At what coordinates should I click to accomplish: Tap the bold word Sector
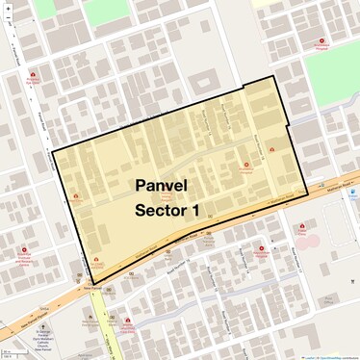coord(160,209)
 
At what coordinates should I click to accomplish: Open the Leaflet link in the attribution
coord(309,356)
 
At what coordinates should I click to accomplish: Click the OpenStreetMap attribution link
coord(332,356)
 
